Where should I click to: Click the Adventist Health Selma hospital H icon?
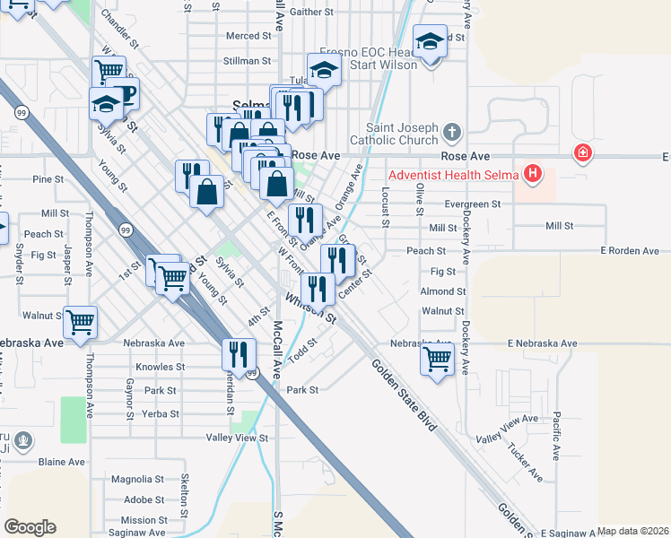(534, 173)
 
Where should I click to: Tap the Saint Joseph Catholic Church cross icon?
(451, 134)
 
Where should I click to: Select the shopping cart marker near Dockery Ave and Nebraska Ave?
(437, 359)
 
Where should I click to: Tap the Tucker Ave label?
(525, 461)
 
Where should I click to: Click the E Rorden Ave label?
(630, 251)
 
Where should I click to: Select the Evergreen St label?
(472, 204)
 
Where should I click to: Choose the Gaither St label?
(311, 13)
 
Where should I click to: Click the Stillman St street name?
(248, 61)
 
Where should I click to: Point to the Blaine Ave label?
(61, 462)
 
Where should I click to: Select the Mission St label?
(138, 520)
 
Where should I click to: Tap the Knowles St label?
(160, 367)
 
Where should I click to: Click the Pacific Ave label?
(557, 435)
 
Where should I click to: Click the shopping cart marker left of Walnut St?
(81, 321)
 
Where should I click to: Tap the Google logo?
(30, 527)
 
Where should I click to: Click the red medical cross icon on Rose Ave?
(584, 153)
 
